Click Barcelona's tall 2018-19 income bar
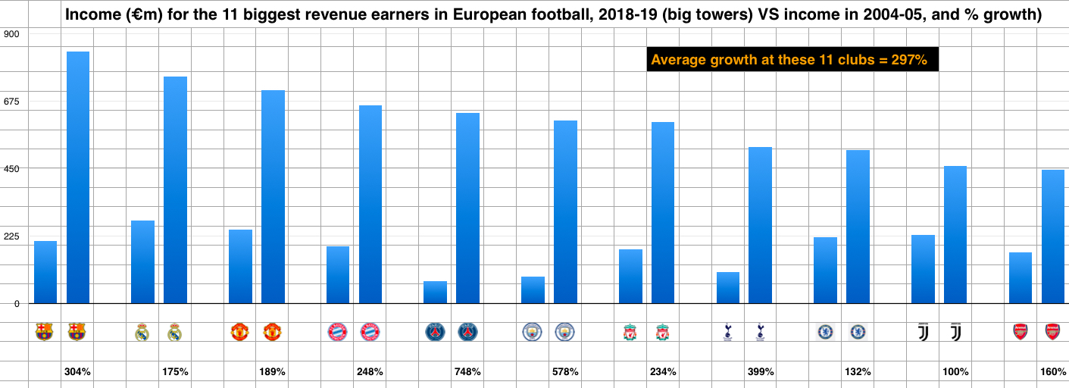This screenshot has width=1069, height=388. pos(78,178)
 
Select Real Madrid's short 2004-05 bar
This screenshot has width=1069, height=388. pos(142,262)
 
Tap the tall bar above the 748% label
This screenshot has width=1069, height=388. pos(467,208)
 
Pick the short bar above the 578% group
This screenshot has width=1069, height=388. pos(533,290)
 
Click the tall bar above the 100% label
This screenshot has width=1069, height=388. pos(955,235)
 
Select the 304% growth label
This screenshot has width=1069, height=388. pos(78,372)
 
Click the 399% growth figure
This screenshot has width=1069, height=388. pos(761,372)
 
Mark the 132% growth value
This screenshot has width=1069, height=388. pos(858,372)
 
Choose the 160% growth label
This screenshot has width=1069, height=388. pos(1053,372)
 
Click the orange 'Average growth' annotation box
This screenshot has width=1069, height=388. pos(792,60)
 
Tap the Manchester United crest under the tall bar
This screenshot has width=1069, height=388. pos(272,331)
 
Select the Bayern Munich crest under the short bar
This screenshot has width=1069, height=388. pos(337,331)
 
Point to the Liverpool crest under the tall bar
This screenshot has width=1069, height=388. pos(663,331)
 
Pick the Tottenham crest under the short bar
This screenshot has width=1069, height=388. pos(727,331)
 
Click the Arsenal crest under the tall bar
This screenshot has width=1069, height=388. pos(1052,331)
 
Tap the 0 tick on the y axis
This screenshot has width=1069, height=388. pos(16,303)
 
